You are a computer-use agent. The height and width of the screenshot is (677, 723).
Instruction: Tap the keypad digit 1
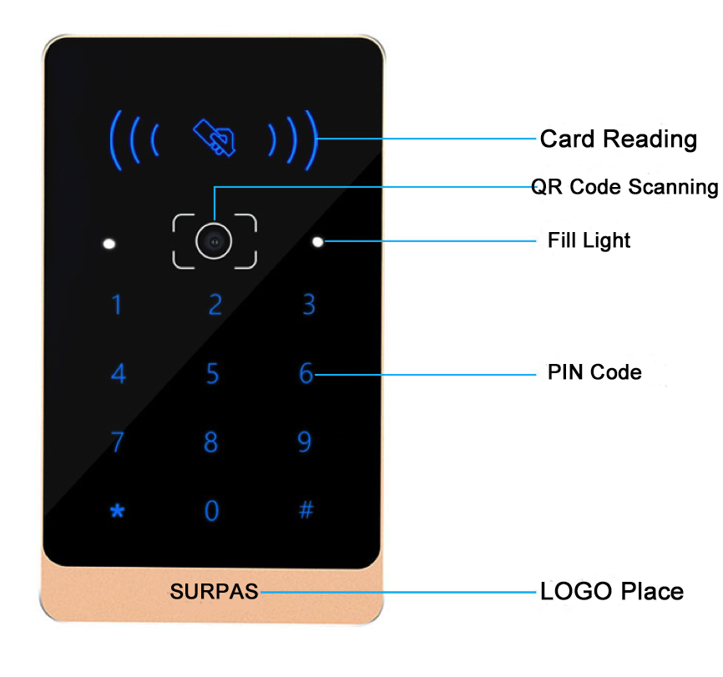click(117, 305)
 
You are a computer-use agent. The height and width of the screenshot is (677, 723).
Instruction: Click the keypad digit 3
click(309, 305)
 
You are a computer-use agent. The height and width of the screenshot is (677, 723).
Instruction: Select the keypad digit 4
click(118, 373)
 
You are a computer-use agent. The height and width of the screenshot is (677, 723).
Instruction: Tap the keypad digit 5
click(213, 373)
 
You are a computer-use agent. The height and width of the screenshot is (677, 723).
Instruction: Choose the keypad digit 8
click(211, 441)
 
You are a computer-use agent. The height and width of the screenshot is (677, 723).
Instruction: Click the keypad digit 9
click(305, 441)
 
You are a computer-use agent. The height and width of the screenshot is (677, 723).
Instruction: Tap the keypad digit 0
click(212, 510)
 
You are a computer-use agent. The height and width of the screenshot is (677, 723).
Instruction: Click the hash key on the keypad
click(306, 509)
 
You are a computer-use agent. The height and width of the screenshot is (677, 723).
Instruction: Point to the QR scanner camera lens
click(214, 242)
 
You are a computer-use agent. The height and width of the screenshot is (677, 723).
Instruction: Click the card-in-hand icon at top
click(214, 137)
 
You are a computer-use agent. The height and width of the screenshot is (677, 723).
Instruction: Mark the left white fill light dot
click(109, 245)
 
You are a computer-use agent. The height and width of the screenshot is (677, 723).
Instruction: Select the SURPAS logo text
click(215, 592)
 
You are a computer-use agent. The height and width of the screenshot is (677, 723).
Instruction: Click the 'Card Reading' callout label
click(618, 139)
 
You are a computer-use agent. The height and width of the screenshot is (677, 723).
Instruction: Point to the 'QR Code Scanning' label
click(625, 187)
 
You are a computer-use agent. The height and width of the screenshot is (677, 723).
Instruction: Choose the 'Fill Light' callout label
click(589, 240)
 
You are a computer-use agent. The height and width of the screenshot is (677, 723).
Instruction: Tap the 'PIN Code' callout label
click(594, 372)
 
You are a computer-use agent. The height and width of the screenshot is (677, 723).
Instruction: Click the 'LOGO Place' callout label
click(612, 592)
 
